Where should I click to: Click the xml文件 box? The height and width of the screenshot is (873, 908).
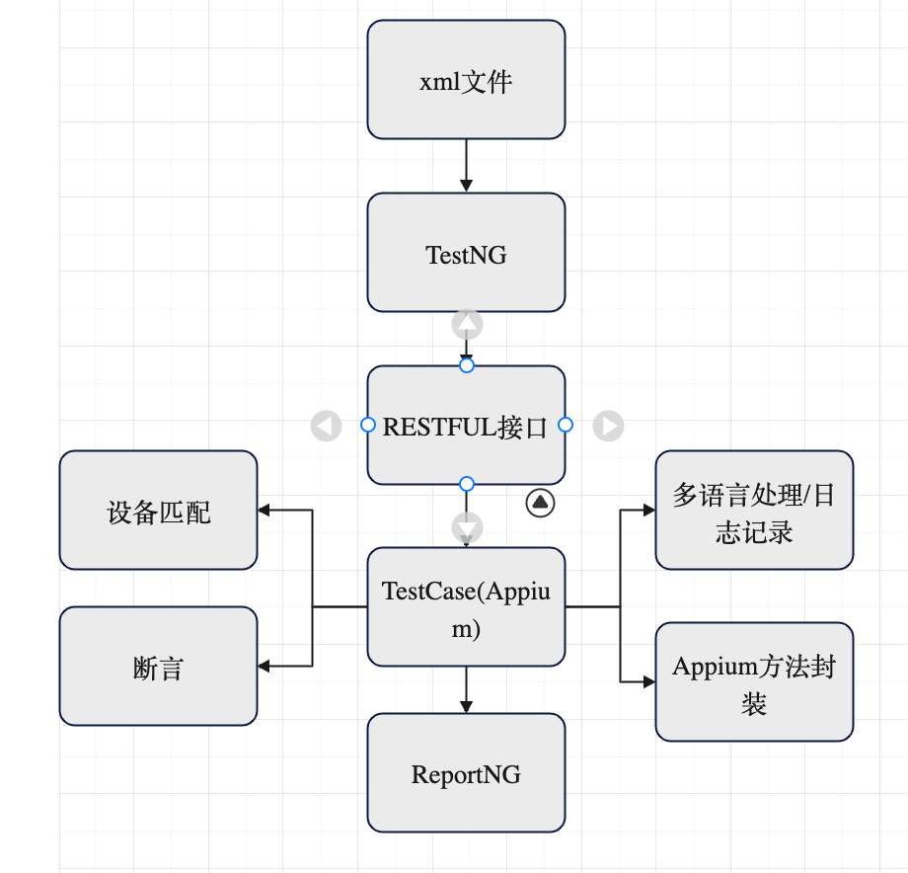pyautogui.click(x=466, y=80)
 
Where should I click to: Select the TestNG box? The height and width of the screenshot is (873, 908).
pyautogui.click(x=466, y=254)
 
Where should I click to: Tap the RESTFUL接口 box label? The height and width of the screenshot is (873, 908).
pyautogui.click(x=465, y=428)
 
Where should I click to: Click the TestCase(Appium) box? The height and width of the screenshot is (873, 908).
pyautogui.click(x=466, y=607)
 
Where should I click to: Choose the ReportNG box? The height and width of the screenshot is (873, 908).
pyautogui.click(x=466, y=773)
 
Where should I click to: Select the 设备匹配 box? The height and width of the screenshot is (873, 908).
pyautogui.click(x=158, y=512)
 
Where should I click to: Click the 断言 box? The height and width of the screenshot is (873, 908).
pyautogui.click(x=158, y=668)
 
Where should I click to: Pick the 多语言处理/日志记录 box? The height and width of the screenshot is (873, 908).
pyautogui.click(x=754, y=512)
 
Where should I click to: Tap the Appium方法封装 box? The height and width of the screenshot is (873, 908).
pyautogui.click(x=754, y=682)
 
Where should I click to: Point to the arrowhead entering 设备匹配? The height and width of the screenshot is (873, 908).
pyautogui.click(x=265, y=510)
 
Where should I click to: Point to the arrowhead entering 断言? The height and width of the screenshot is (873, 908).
pyautogui.click(x=265, y=666)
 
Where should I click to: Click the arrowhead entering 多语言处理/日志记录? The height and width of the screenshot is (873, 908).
pyautogui.click(x=648, y=510)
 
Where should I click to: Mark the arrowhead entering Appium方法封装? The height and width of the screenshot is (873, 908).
pyautogui.click(x=648, y=681)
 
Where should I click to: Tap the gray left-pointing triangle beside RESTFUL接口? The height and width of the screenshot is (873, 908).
pyautogui.click(x=326, y=426)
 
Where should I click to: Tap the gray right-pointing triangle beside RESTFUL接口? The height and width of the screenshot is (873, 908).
pyautogui.click(x=608, y=426)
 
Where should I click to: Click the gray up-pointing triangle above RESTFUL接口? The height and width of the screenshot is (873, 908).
pyautogui.click(x=467, y=323)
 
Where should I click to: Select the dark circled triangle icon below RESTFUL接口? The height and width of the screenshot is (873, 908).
pyautogui.click(x=540, y=503)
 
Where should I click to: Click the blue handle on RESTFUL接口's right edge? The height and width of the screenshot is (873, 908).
pyautogui.click(x=566, y=425)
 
